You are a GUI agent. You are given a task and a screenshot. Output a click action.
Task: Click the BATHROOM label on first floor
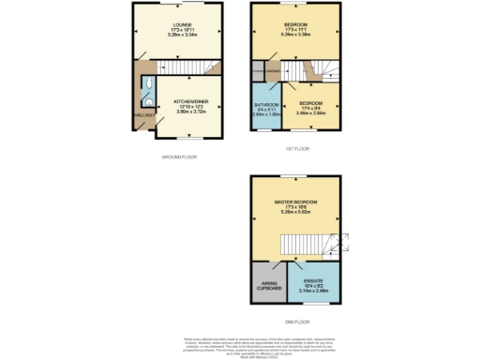[x=266, y=104]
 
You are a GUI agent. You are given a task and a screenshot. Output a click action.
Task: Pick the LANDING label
[x=272, y=71]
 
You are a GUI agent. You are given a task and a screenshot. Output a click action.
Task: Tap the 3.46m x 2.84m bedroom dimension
[x=310, y=113]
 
